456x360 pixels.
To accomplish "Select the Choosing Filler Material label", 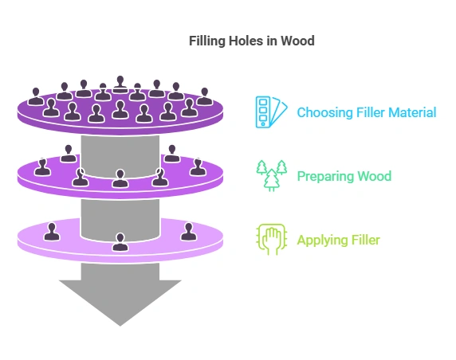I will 366,112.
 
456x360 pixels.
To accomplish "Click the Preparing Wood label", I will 344,175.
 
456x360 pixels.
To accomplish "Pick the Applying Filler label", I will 338,240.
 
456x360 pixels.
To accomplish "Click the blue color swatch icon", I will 269,112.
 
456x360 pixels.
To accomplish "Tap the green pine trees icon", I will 269,174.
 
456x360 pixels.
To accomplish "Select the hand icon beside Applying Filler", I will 268,239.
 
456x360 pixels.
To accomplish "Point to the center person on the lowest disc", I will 120,242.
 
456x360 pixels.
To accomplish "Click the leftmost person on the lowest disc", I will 52,232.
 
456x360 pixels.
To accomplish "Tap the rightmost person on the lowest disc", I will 188,232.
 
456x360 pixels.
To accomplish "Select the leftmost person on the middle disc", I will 42,167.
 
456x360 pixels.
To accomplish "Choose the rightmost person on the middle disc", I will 197,167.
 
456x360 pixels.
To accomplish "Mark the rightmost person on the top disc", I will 204,96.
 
